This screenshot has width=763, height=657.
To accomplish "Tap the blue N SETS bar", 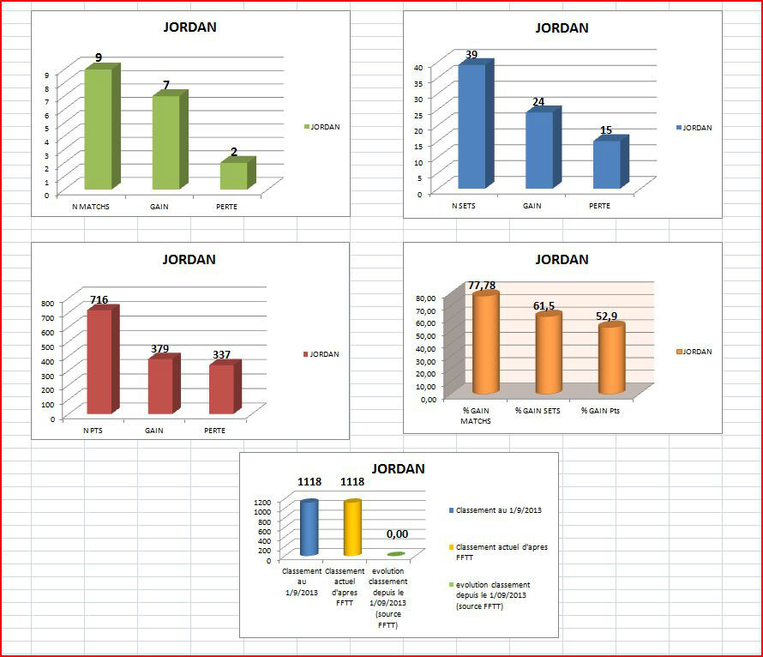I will click(471, 126).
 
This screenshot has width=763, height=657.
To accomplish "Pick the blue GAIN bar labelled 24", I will click(538, 150).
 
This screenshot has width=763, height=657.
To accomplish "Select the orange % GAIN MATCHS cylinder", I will click(485, 344).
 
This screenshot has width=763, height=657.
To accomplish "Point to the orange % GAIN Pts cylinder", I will click(610, 359).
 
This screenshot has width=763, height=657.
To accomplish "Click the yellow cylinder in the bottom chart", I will click(351, 528).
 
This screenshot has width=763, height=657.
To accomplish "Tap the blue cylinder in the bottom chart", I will click(309, 528).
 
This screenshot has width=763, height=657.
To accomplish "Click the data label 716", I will click(99, 299).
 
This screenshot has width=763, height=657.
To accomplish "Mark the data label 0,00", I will click(396, 533).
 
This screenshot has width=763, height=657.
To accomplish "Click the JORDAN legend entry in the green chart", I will click(323, 127).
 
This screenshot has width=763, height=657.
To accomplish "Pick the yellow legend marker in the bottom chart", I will click(452, 546).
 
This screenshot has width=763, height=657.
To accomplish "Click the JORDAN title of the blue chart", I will click(562, 27).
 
